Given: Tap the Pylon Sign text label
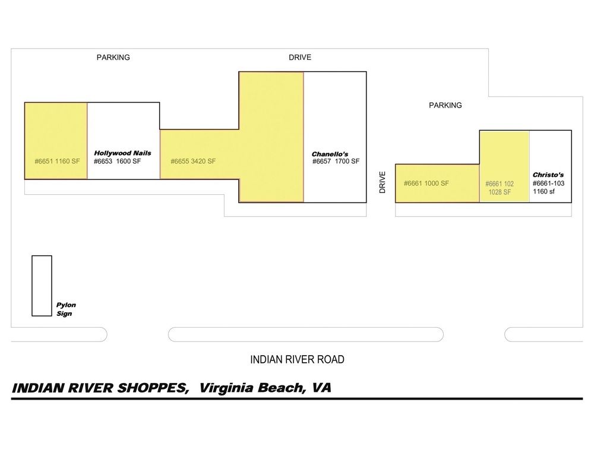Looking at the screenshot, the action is click(x=66, y=309).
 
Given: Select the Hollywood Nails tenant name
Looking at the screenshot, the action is click(x=122, y=153).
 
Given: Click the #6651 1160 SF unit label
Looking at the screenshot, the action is click(x=57, y=162).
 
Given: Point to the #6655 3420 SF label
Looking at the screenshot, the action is click(x=193, y=162).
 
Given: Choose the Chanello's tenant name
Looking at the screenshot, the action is click(x=330, y=154).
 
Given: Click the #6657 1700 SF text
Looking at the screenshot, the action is click(x=336, y=162).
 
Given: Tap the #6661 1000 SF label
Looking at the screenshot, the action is click(x=426, y=183).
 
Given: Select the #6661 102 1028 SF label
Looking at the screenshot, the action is click(x=500, y=188).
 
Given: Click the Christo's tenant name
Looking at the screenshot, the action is click(x=548, y=175).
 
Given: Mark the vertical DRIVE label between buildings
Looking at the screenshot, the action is click(x=382, y=182).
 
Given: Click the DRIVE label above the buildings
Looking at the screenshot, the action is click(x=300, y=57).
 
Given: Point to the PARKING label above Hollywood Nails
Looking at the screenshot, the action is click(x=113, y=57).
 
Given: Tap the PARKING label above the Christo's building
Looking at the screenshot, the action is click(x=445, y=105).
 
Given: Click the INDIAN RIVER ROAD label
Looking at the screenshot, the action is click(x=298, y=359).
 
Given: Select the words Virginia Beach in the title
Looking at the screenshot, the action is click(x=251, y=388).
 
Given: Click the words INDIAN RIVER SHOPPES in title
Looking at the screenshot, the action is click(x=100, y=388).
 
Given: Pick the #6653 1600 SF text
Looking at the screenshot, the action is click(x=118, y=162).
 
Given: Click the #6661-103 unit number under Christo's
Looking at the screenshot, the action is click(x=548, y=183).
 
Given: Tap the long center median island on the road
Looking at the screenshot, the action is click(x=306, y=334).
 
